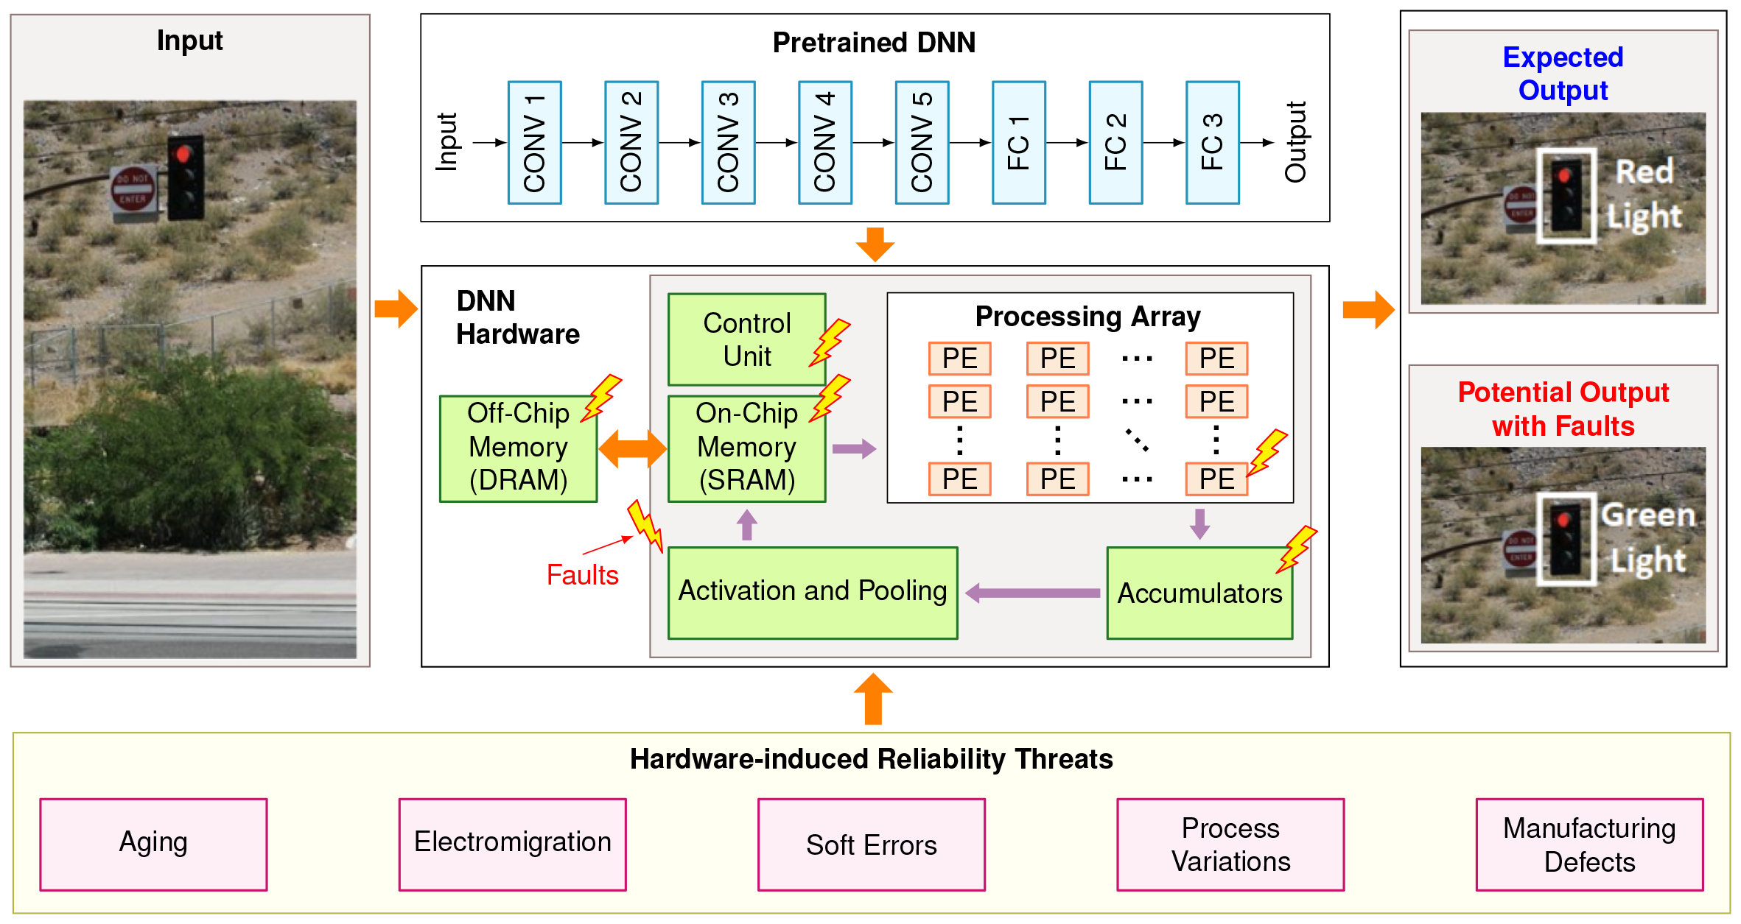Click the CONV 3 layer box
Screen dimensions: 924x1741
coord(728,143)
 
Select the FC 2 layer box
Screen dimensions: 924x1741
coord(1115,143)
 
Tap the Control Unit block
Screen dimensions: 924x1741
coord(746,339)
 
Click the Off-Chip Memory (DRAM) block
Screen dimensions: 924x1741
coord(518,448)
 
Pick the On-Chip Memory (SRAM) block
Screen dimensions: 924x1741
coord(746,448)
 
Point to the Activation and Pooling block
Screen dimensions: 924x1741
coord(813,592)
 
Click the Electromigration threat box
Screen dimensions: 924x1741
coord(512,844)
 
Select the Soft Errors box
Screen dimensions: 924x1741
coord(872,844)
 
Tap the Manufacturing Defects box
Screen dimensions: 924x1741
coord(1589,844)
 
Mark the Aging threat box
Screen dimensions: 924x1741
coord(153,844)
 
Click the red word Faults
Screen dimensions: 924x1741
coord(582,575)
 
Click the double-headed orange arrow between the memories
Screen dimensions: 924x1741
coord(632,448)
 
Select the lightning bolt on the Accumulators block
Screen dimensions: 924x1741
coord(1297,548)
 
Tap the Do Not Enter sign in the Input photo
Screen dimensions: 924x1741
coord(133,189)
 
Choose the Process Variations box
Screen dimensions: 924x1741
coord(1230,844)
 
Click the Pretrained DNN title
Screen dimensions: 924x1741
coord(874,43)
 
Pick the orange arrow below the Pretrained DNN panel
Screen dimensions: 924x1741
coord(875,245)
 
